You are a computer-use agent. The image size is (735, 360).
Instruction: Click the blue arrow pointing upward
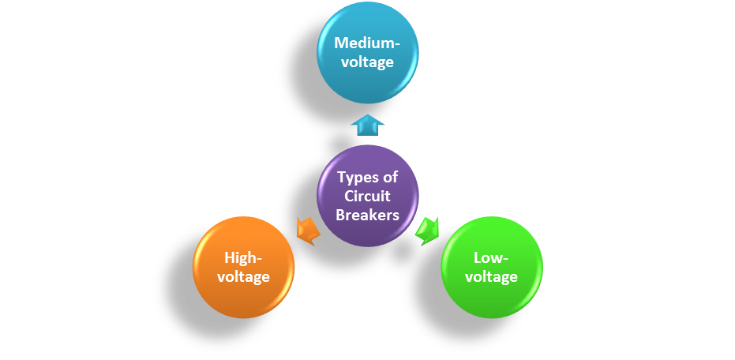[x=367, y=125]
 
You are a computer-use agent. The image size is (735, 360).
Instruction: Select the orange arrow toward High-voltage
[x=308, y=231]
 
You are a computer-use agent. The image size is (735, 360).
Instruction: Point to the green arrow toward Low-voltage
[x=427, y=231]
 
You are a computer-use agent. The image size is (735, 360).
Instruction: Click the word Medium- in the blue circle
[x=368, y=43]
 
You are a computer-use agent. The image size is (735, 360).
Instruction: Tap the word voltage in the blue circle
[x=368, y=62]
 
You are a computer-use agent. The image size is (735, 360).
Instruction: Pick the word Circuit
[x=368, y=196]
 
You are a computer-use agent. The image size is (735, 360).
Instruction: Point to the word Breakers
[x=368, y=215]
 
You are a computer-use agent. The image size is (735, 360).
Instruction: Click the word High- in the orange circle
[x=243, y=257]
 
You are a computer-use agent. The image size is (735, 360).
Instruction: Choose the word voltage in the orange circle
[x=243, y=276]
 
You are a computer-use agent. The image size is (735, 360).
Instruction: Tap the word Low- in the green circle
[x=491, y=257]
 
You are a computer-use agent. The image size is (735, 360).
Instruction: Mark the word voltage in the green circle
[x=491, y=276]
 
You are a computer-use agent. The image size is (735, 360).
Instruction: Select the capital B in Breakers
[x=340, y=215]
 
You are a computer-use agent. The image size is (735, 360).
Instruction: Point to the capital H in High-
[x=230, y=257]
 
